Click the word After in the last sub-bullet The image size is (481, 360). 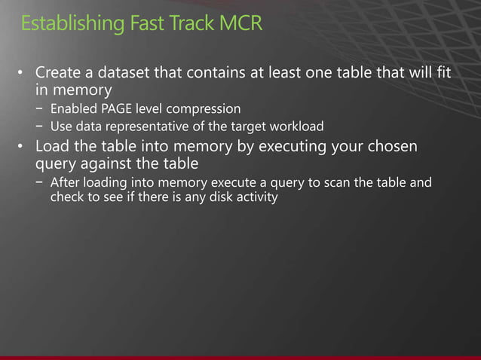[x=65, y=183]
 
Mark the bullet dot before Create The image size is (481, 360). [x=23, y=75]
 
